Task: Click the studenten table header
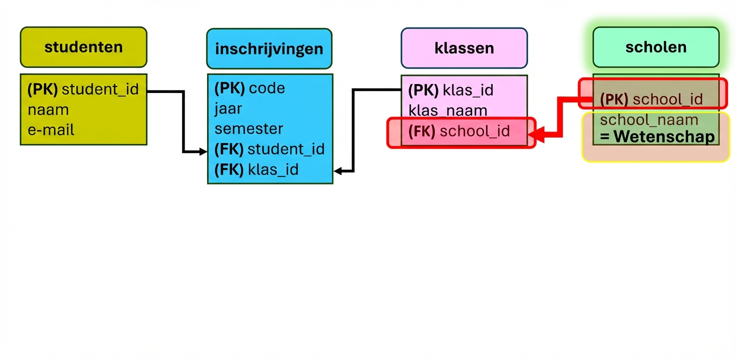pyautogui.click(x=83, y=47)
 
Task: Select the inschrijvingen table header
pyautogui.click(x=269, y=49)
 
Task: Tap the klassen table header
pyautogui.click(x=464, y=48)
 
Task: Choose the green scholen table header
pyautogui.click(x=655, y=47)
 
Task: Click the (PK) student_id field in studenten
pyautogui.click(x=83, y=89)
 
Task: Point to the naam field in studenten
pyautogui.click(x=48, y=110)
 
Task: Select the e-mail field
pyautogui.click(x=51, y=130)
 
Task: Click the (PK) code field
pyautogui.click(x=249, y=88)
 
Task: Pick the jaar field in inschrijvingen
pyautogui.click(x=228, y=108)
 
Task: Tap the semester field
pyautogui.click(x=249, y=128)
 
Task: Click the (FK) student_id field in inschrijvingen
pyautogui.click(x=269, y=149)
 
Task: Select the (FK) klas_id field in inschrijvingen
pyautogui.click(x=256, y=169)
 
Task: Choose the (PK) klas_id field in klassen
pyautogui.click(x=450, y=90)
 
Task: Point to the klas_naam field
pyautogui.click(x=448, y=110)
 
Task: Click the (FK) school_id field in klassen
pyautogui.click(x=459, y=131)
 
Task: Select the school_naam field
pyautogui.click(x=649, y=120)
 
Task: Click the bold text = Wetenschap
pyautogui.click(x=657, y=136)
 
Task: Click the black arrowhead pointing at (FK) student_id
pyautogui.click(x=203, y=151)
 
